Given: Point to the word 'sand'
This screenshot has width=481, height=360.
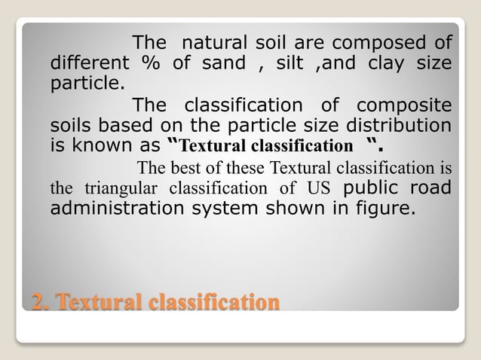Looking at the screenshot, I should [x=224, y=62].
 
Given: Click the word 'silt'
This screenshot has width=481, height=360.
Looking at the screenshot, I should [x=291, y=62].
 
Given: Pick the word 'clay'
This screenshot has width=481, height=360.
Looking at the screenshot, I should [x=386, y=62].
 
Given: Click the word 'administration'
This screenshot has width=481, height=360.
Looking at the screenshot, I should [x=117, y=207].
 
